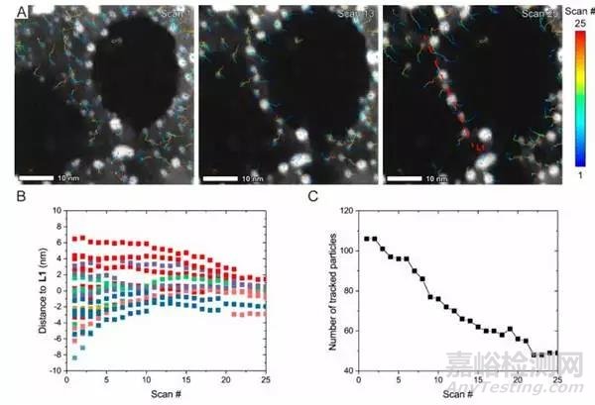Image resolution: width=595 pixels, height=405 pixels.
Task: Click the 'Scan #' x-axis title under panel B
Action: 161,395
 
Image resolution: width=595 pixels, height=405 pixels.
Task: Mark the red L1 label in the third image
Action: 479,147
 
